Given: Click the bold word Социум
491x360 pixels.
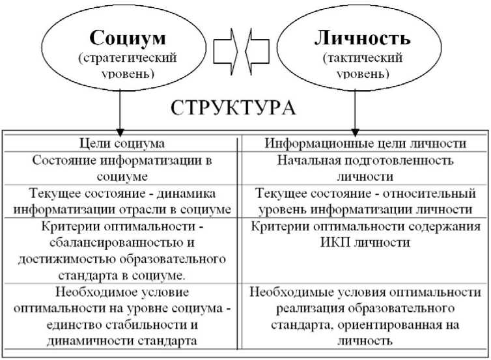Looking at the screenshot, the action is [128, 38].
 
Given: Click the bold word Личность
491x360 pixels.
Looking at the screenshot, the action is [362, 38].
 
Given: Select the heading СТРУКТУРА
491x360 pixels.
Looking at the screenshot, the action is [233, 108].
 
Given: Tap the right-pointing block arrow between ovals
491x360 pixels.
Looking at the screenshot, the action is [225, 51].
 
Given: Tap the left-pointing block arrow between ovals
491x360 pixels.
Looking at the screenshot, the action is [257, 51].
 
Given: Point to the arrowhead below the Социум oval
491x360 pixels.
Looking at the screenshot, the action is [120, 132].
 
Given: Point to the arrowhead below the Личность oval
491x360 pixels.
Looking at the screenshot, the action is [355, 132].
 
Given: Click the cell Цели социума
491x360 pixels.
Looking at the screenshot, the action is [122, 143].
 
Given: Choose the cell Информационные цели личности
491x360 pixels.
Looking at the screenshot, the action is [365, 143].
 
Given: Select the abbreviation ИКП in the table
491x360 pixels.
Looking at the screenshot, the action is [335, 242].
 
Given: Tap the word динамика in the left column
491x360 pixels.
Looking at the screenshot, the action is [186, 193].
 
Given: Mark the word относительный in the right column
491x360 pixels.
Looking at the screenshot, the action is [430, 193].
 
